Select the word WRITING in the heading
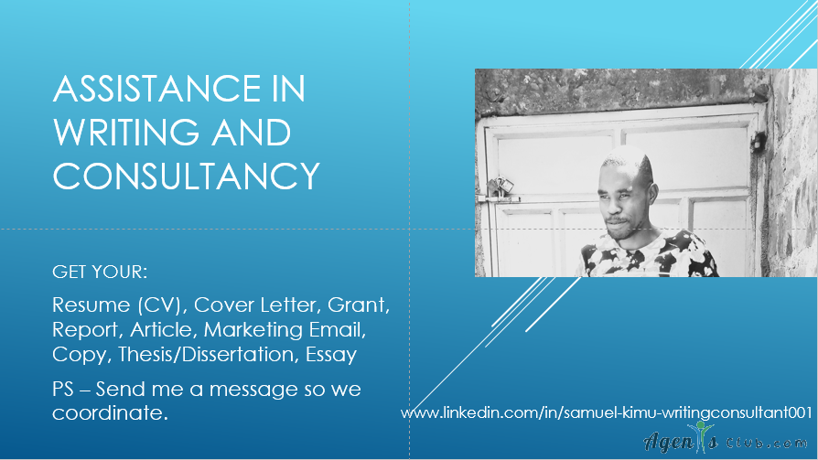click(x=125, y=133)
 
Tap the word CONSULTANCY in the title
click(x=187, y=176)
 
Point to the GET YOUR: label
click(x=100, y=272)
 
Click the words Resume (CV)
click(x=120, y=305)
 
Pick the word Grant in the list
click(x=359, y=305)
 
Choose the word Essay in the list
click(x=331, y=355)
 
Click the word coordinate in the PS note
click(x=110, y=413)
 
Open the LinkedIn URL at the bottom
click(x=607, y=413)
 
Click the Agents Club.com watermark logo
click(x=726, y=440)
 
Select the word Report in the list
click(x=87, y=330)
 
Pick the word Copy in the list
click(x=81, y=355)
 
